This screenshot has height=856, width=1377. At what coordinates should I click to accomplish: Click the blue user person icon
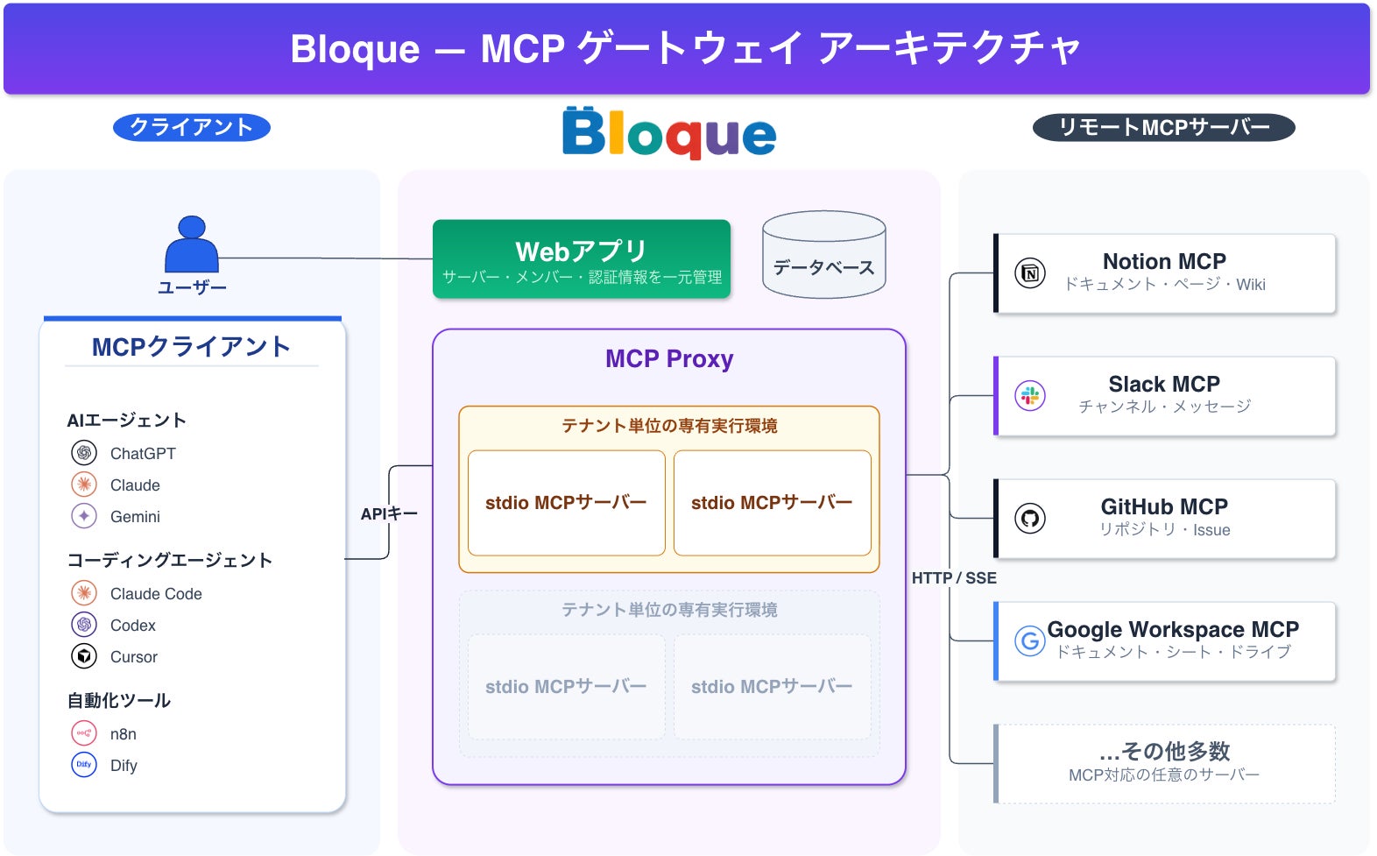click(191, 244)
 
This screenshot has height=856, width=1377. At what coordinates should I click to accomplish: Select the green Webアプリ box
click(582, 258)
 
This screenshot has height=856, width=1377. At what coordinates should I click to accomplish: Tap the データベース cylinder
click(823, 255)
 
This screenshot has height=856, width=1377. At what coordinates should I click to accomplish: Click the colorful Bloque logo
click(669, 133)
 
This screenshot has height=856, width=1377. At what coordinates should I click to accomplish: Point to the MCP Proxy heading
click(669, 358)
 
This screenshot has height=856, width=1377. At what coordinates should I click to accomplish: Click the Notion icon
click(1029, 273)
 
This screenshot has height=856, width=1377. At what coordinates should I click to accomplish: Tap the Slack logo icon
click(1029, 395)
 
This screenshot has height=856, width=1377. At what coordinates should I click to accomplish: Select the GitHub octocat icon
click(1029, 519)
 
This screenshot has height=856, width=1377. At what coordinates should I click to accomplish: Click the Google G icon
click(1029, 640)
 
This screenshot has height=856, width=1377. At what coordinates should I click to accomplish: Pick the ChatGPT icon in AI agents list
click(84, 453)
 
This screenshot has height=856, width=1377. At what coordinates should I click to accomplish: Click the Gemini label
click(135, 517)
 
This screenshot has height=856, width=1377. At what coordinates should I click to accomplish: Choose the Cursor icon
click(84, 656)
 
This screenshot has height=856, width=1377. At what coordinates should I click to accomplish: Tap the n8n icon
click(84, 733)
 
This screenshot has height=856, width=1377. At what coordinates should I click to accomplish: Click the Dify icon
click(84, 765)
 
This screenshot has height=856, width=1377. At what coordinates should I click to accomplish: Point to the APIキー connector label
click(389, 513)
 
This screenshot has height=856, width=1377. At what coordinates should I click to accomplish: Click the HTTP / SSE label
click(954, 578)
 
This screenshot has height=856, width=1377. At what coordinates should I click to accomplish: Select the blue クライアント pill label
click(192, 127)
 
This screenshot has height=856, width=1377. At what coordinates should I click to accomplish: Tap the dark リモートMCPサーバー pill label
click(1163, 127)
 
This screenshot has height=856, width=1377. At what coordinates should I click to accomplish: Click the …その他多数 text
click(1164, 751)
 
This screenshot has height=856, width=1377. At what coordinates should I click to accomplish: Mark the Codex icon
click(84, 625)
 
